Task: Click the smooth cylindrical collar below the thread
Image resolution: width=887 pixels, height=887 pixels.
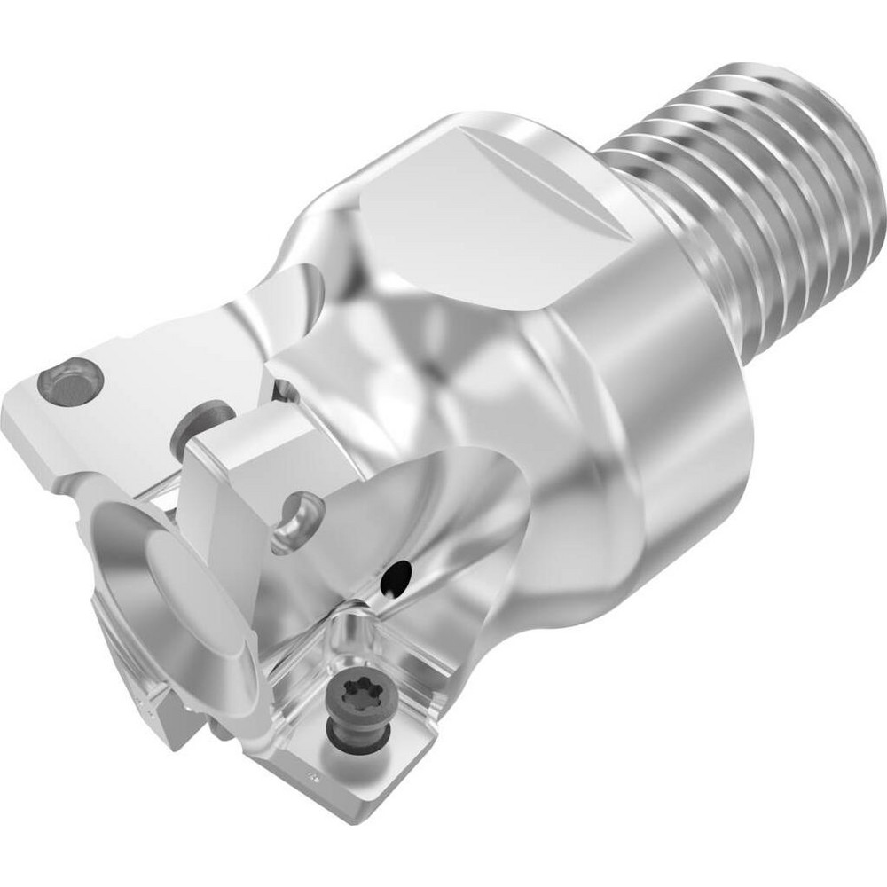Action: pyautogui.click(x=674, y=355)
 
